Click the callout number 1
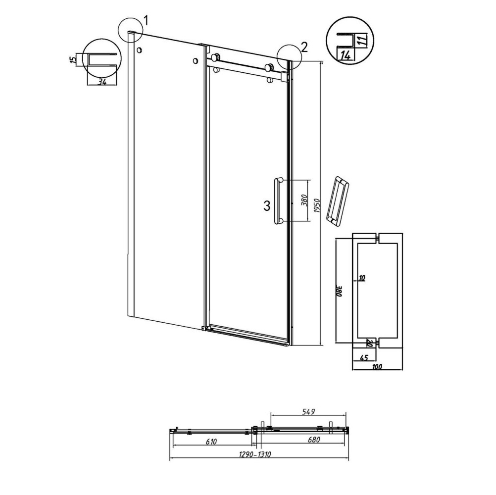click(146, 21)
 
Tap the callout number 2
click(304, 47)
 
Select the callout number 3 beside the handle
click(267, 206)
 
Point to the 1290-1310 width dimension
click(255, 454)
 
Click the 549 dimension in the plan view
click(308, 411)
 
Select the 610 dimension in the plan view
click(211, 442)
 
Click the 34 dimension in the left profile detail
click(101, 82)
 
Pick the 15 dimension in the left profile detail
click(73, 59)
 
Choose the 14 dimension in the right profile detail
click(346, 56)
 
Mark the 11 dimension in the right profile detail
click(363, 41)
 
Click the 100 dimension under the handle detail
click(377, 367)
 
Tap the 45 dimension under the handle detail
click(364, 358)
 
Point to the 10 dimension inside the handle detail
click(362, 278)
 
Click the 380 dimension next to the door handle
click(304, 200)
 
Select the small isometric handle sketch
click(337, 201)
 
